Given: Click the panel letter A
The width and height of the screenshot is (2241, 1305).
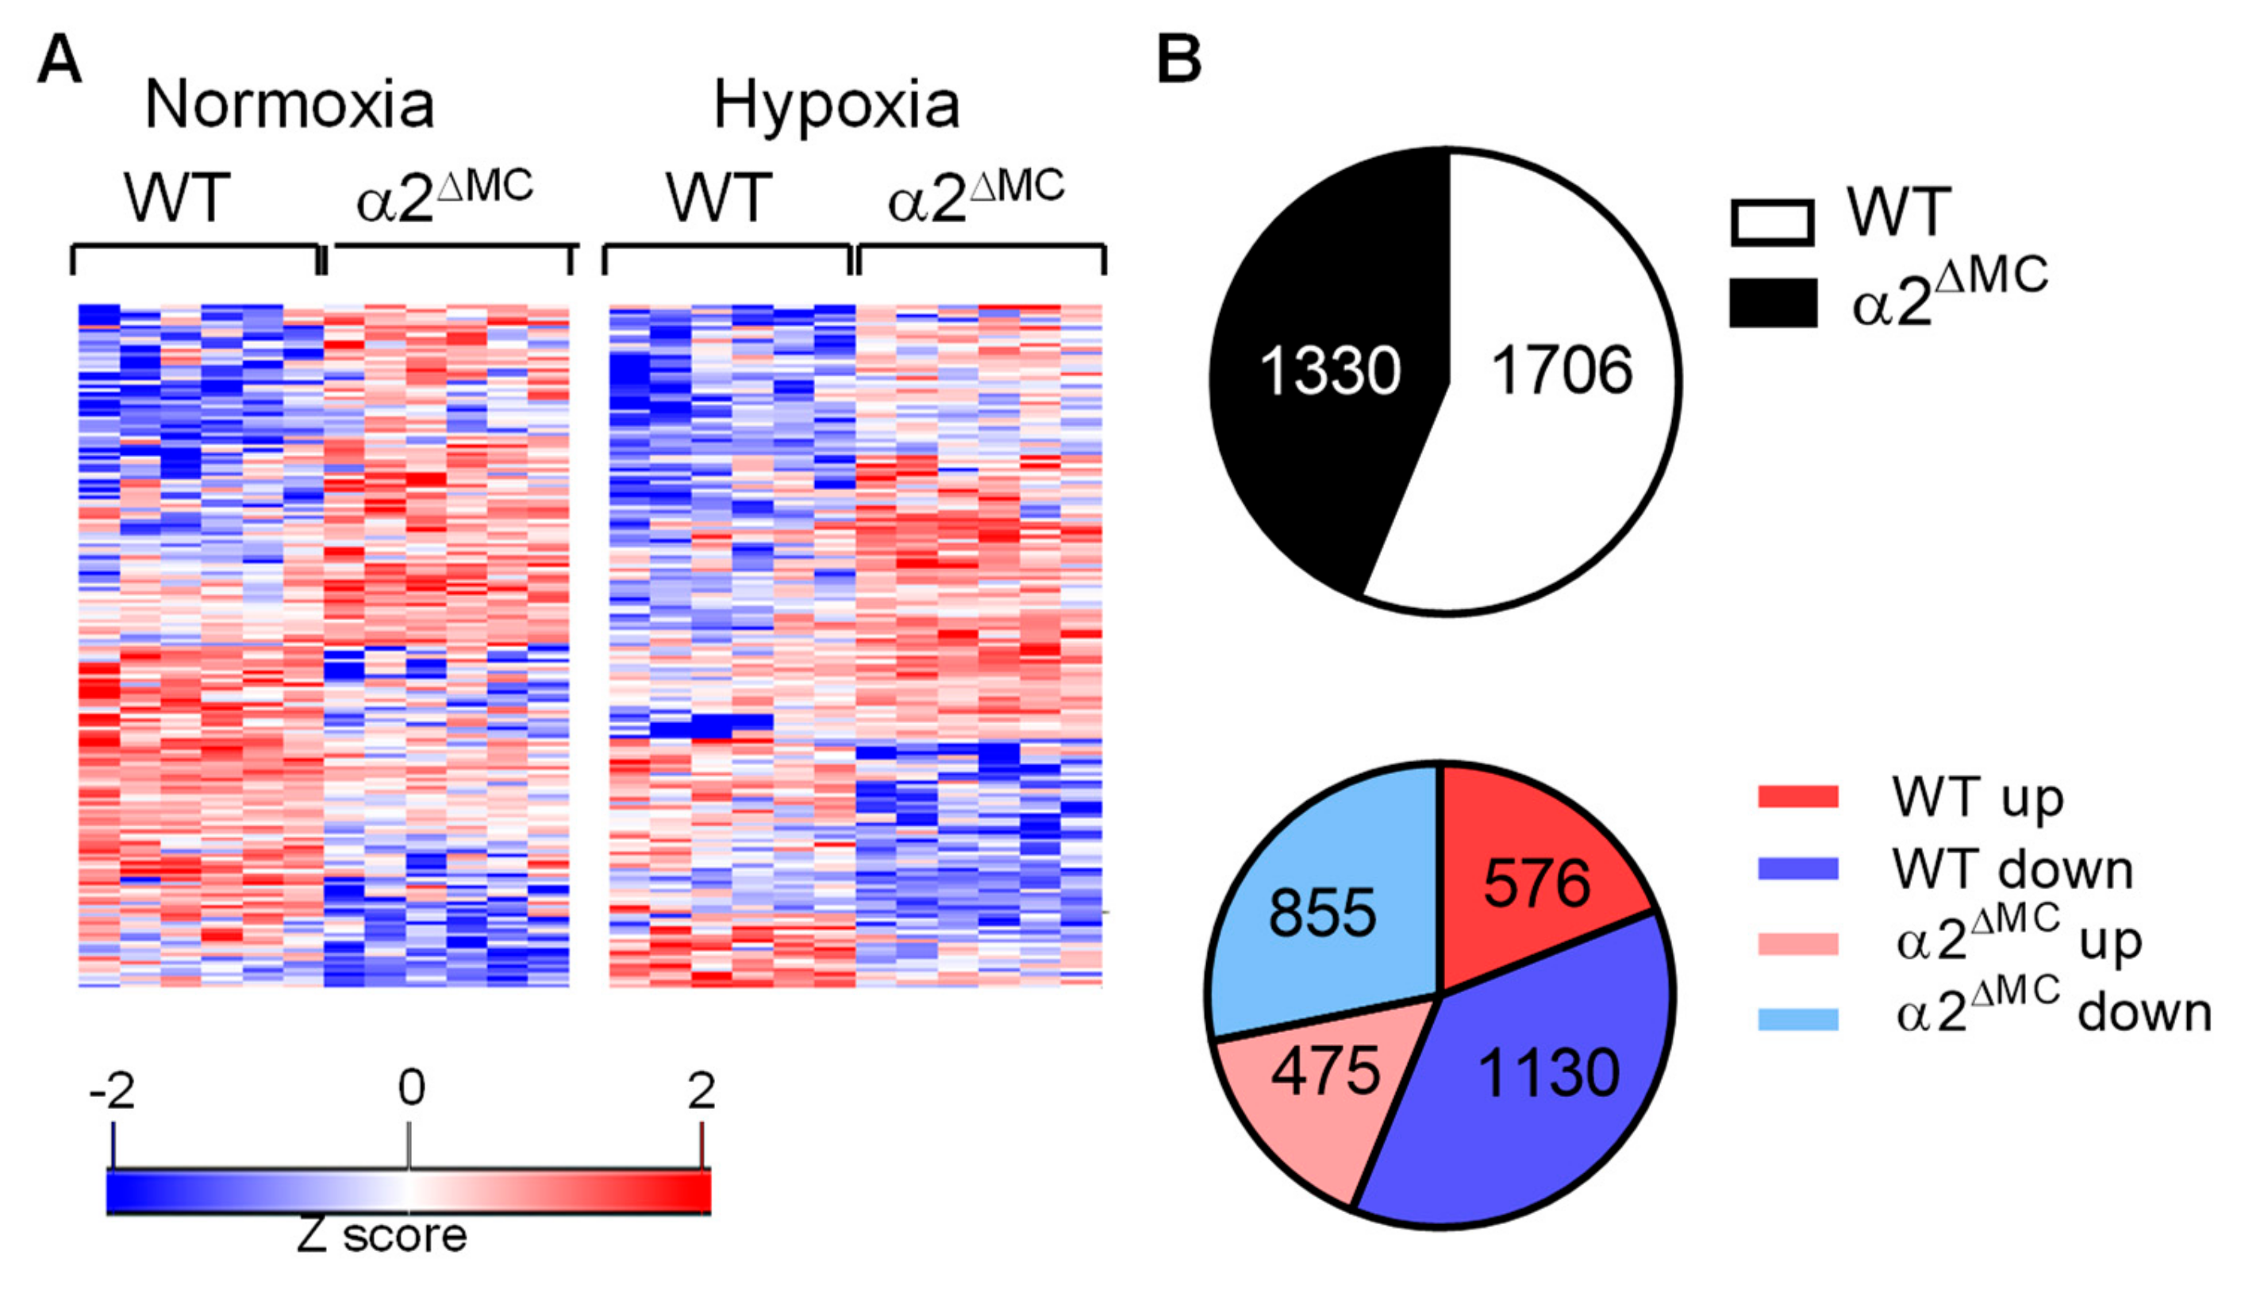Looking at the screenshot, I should [60, 61].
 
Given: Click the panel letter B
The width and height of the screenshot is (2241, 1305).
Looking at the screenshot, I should [1179, 61].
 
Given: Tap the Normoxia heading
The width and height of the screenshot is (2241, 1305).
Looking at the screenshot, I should [289, 105].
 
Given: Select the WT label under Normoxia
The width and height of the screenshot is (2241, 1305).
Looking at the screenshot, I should [177, 198].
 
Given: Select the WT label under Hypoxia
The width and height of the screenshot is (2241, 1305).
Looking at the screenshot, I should [718, 198].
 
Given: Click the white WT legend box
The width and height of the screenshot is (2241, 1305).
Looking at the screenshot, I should [1771, 222].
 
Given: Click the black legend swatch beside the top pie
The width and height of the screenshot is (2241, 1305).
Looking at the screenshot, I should [1772, 302].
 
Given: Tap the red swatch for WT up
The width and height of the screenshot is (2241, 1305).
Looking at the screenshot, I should [1797, 796].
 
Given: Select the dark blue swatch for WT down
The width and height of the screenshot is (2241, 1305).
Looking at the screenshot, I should [1797, 868].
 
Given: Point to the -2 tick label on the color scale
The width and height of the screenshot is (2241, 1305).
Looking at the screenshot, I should [112, 1090].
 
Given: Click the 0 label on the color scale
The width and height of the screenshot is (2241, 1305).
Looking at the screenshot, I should [411, 1087].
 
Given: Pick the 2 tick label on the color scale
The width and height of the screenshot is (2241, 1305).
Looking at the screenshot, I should [702, 1090].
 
